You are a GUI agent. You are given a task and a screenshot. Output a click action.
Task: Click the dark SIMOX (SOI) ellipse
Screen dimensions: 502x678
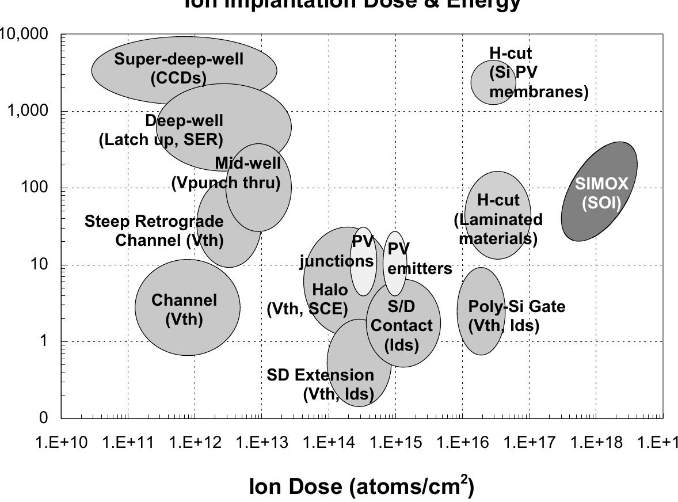point(599,191)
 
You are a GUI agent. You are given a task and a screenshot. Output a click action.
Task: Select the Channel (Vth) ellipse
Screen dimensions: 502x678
point(188,307)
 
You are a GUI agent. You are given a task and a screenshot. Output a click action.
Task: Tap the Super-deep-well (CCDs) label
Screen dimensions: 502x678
point(178,68)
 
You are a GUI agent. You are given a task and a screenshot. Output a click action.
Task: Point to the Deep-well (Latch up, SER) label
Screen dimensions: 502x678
point(161,130)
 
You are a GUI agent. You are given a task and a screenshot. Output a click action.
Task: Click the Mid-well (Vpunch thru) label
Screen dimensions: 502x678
point(226,173)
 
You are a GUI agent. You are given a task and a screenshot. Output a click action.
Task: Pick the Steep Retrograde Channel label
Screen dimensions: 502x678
point(154,230)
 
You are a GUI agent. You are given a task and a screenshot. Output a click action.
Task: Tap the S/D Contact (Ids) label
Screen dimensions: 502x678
point(402,325)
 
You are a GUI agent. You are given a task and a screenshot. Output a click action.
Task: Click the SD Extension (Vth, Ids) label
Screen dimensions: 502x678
point(321,384)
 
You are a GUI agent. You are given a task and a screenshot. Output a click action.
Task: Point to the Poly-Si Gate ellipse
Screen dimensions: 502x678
point(481,311)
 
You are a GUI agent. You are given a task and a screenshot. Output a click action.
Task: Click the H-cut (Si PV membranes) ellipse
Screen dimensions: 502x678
point(493,82)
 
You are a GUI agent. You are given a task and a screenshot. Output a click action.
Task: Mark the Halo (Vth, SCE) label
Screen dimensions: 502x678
point(307,299)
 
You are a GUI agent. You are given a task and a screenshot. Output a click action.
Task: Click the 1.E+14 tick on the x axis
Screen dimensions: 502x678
point(328,442)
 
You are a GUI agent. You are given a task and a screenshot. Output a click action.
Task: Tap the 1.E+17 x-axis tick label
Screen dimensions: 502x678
point(528,442)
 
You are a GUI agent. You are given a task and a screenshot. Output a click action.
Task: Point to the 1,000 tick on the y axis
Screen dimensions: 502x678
point(29,111)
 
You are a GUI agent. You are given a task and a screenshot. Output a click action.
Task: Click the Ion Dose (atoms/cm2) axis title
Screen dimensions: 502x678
point(361,486)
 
